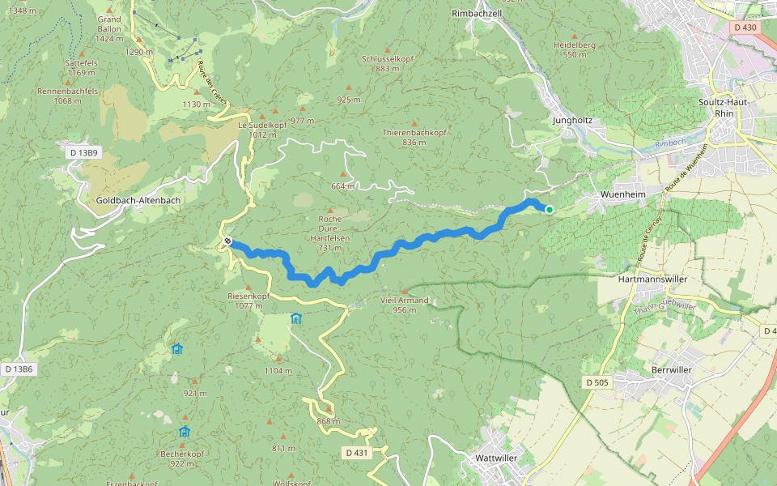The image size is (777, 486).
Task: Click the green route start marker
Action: (x=550, y=210)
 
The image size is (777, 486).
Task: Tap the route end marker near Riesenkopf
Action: (x=229, y=241)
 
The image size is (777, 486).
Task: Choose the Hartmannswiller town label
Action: (x=652, y=278)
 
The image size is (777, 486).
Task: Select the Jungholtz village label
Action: (x=572, y=120)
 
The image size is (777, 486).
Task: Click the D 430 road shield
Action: (x=745, y=28)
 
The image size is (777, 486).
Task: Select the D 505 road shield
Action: (x=597, y=382)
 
